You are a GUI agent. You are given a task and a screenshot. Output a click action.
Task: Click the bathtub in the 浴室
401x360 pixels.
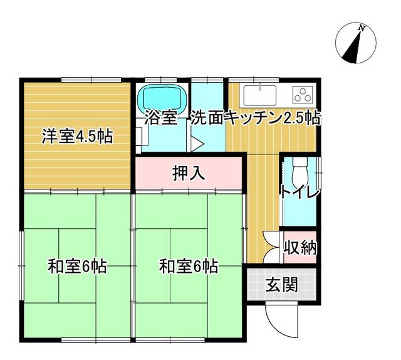click(161, 98)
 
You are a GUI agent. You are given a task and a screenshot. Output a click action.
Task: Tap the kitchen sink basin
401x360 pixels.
click(260, 95)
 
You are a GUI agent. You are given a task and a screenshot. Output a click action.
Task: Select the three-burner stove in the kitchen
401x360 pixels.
click(303, 94)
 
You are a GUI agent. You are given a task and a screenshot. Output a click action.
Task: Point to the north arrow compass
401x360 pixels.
click(356, 43)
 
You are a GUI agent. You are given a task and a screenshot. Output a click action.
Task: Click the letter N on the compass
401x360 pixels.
click(361, 28)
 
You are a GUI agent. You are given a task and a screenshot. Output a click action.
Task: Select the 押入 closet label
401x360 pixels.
click(189, 173)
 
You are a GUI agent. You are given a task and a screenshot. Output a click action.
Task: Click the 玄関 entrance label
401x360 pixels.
click(282, 285)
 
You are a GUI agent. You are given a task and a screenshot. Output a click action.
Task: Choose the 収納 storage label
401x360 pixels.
click(301, 248)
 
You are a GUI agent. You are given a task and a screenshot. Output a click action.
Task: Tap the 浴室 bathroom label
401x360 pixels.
click(161, 117)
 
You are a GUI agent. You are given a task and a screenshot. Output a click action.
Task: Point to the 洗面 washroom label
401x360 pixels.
click(207, 117)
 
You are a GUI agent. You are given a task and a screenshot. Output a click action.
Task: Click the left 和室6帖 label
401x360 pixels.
click(77, 267)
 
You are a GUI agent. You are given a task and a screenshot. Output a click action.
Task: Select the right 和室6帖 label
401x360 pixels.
click(189, 267)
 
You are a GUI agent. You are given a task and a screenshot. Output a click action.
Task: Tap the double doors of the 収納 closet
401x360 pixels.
click(271, 247)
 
